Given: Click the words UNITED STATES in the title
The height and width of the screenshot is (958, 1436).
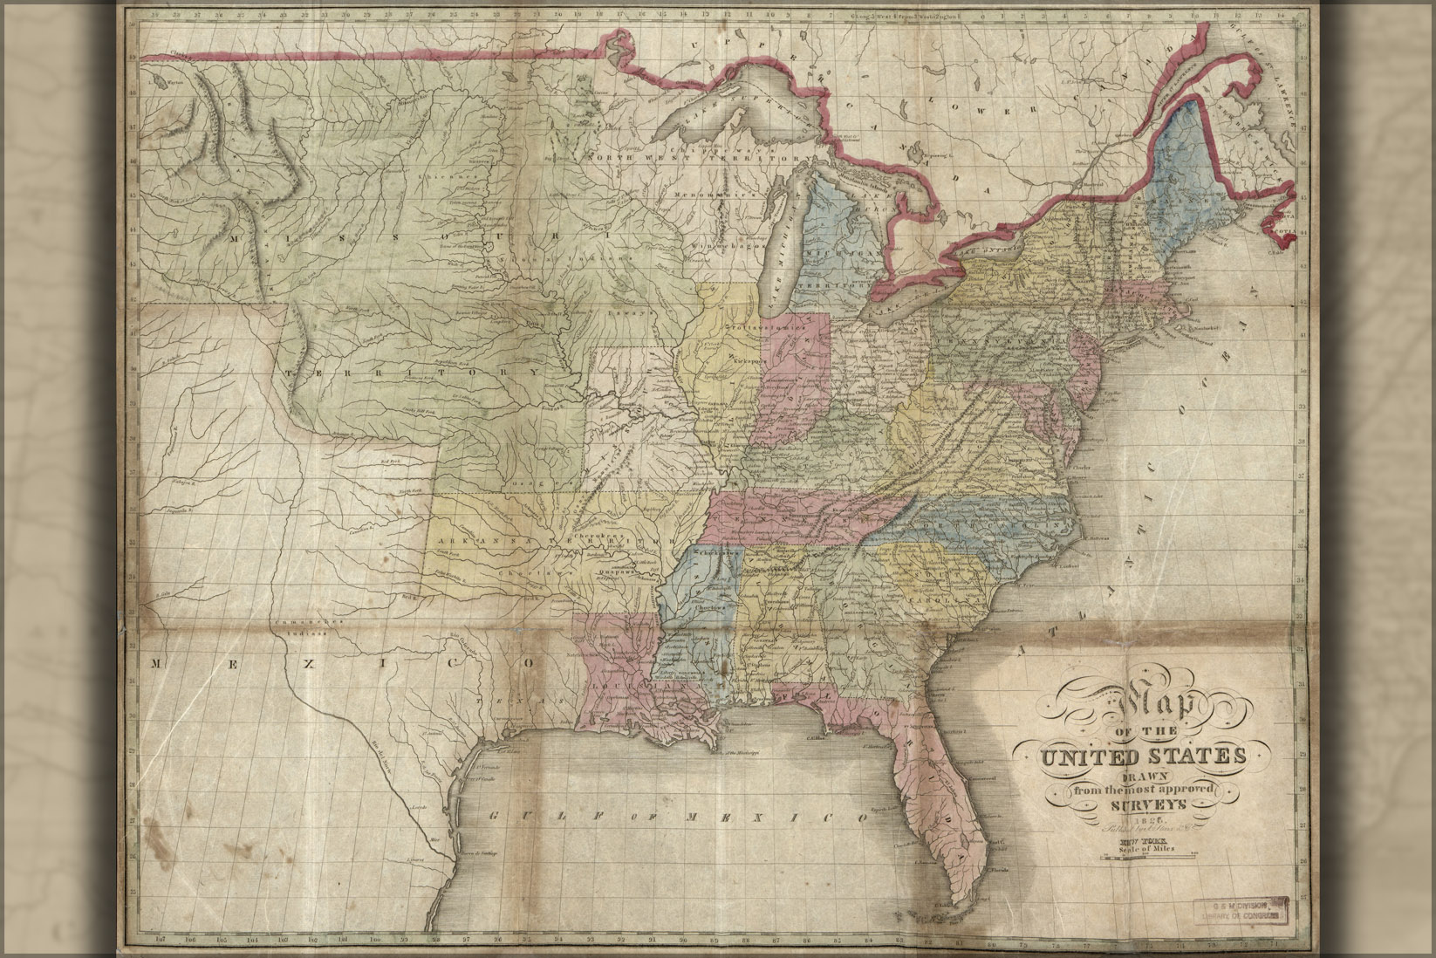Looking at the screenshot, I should click(x=1139, y=755).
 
